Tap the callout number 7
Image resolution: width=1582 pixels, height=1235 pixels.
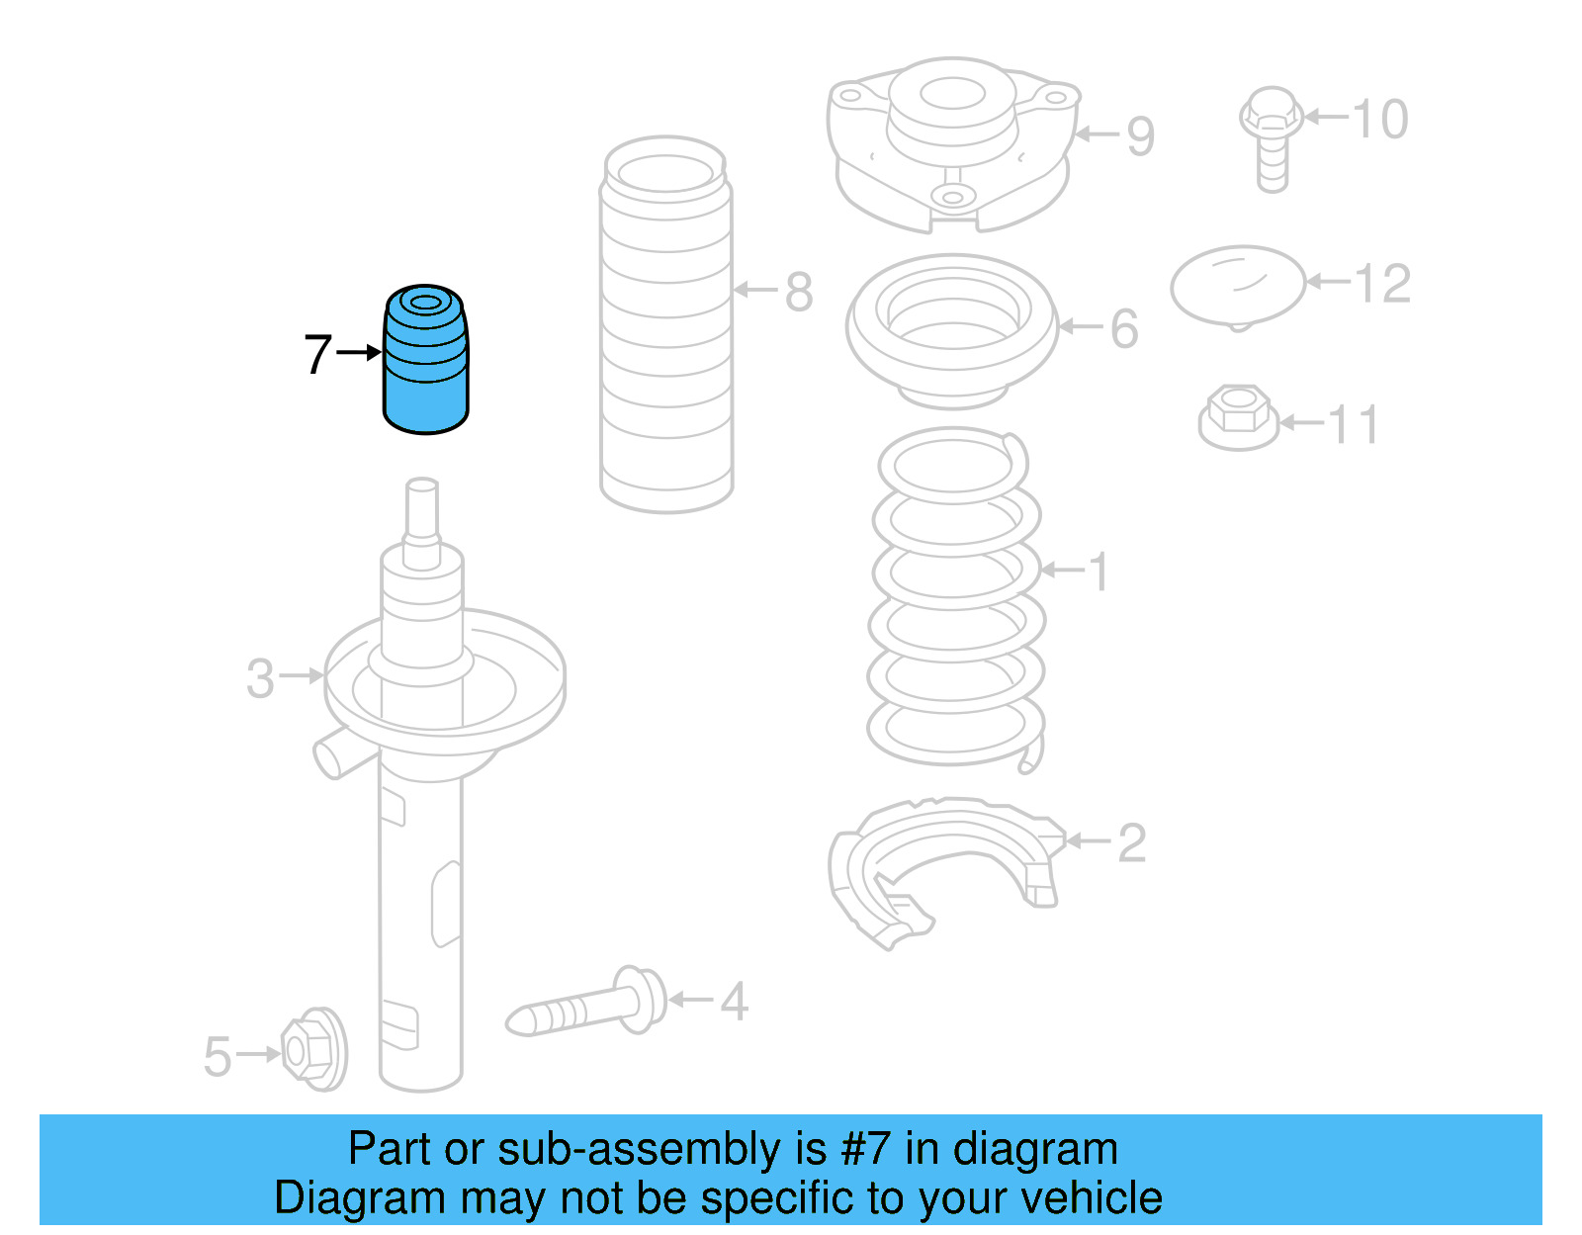click(x=317, y=354)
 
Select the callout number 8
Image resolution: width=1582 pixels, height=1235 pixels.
click(x=799, y=292)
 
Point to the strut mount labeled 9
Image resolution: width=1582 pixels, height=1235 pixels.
click(x=951, y=143)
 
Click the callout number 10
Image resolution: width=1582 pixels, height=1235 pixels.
click(x=1380, y=119)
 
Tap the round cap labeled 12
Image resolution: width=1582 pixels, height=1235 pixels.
click(x=1237, y=286)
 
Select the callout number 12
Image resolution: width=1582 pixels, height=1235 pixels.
click(x=1382, y=284)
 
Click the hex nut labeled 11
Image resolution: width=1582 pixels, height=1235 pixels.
click(x=1238, y=417)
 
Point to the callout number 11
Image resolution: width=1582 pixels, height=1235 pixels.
click(x=1353, y=425)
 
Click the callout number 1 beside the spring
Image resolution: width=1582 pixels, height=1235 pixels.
click(x=1099, y=572)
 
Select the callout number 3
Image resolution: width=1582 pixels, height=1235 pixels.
click(x=260, y=678)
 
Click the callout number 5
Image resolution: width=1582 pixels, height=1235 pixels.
click(x=218, y=1056)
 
